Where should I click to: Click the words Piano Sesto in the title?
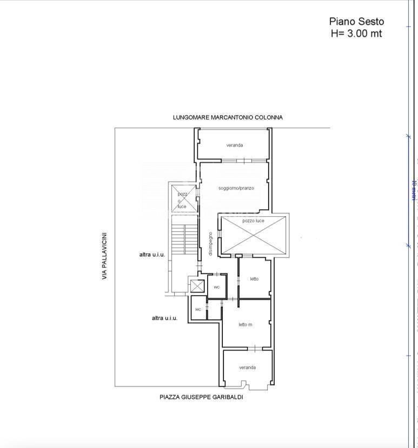click(x=356, y=22)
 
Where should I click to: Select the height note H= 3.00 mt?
click(x=356, y=34)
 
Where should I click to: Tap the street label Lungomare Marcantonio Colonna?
click(x=228, y=117)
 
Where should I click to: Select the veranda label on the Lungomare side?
click(x=235, y=145)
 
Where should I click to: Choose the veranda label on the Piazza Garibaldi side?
click(x=247, y=367)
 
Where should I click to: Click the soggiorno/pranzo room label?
click(x=236, y=188)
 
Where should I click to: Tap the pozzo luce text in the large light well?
click(x=253, y=221)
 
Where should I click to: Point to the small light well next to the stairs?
click(x=182, y=198)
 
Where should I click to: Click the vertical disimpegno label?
click(x=211, y=244)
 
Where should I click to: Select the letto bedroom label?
click(x=254, y=279)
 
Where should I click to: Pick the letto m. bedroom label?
click(x=246, y=324)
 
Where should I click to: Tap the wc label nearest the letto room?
click(x=216, y=287)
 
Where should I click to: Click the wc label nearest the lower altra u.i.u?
click(x=198, y=309)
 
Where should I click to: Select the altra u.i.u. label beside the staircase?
click(x=151, y=255)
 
